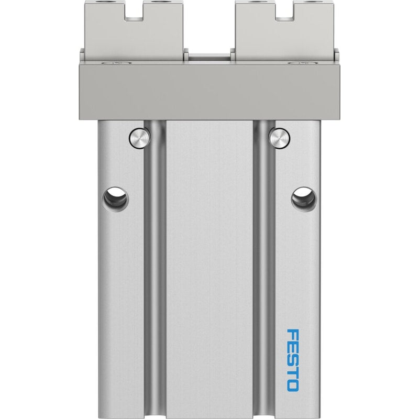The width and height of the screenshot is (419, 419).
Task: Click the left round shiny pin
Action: [139, 138]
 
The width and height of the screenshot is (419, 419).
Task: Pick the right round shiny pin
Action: [280, 138]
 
